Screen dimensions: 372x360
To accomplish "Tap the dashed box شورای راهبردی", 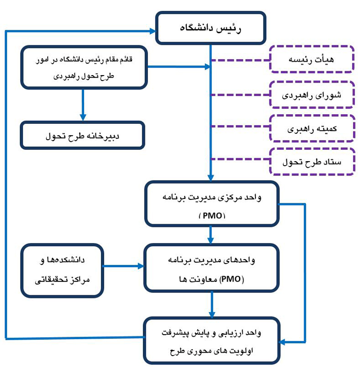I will click(x=312, y=94).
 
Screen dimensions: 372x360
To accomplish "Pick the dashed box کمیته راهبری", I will click(x=312, y=128).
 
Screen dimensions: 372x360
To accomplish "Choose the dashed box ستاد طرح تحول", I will click(x=312, y=161).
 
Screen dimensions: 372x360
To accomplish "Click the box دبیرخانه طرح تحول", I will click(x=83, y=134).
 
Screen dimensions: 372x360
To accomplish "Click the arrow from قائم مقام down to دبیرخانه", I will click(x=83, y=104).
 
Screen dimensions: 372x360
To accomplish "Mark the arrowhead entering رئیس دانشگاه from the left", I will click(x=152, y=31).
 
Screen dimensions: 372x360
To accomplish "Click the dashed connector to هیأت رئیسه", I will click(x=240, y=60).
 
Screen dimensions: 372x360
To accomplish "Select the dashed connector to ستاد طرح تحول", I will click(x=240, y=159).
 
